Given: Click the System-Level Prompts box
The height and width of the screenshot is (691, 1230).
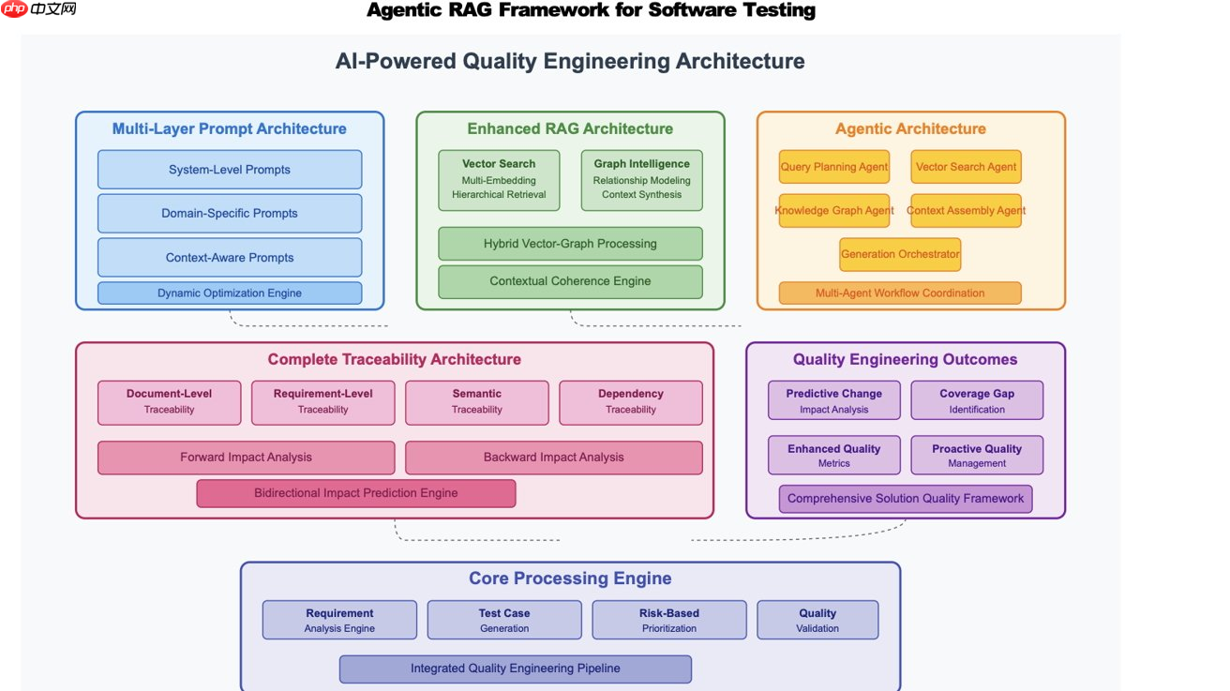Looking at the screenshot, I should [x=230, y=170].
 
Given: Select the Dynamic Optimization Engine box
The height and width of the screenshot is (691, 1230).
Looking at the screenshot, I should [x=230, y=293].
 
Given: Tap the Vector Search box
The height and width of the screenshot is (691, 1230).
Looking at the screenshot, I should [x=499, y=180].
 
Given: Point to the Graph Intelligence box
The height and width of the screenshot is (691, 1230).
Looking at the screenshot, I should [x=641, y=180].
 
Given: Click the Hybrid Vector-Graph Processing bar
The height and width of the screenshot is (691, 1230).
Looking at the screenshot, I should [x=570, y=244].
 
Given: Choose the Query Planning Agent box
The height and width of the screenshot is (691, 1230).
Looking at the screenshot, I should [x=834, y=167].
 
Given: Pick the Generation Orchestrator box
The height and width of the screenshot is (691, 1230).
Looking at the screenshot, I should [x=900, y=254].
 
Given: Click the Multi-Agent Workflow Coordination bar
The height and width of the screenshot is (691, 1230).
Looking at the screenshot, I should [x=900, y=293].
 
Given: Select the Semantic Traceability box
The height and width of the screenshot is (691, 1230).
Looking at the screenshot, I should [x=476, y=402].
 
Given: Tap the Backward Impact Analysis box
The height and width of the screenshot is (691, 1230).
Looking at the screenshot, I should [x=553, y=458].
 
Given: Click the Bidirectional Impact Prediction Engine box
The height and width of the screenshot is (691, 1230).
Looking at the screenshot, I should [x=356, y=493].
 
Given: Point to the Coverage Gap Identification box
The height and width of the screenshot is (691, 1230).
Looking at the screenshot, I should [x=977, y=401].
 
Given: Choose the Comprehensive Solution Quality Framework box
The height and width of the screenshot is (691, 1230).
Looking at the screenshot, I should [x=906, y=499].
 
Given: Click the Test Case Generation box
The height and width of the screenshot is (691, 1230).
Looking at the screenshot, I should [x=504, y=620].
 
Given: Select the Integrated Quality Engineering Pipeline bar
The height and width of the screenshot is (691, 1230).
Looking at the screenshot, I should [x=515, y=668].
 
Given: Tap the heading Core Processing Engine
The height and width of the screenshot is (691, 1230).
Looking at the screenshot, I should [x=570, y=578].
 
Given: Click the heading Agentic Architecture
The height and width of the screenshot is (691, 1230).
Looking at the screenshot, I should [x=910, y=129].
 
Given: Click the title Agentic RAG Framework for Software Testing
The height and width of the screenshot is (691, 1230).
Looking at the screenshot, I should [x=591, y=10].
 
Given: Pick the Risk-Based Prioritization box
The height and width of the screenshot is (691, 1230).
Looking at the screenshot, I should [x=669, y=620].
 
